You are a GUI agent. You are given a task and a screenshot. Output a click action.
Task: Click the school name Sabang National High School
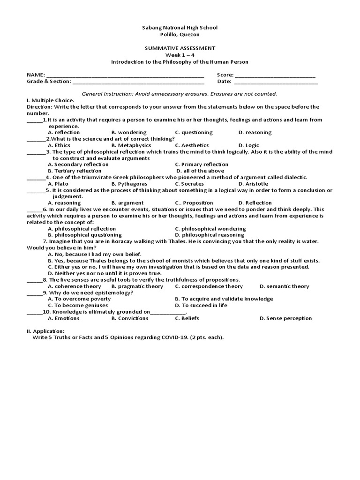[x=180, y=28]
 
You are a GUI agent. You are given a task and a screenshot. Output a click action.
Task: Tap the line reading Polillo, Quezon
[x=180, y=34]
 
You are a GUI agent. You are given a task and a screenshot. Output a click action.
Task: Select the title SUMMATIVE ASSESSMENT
[x=180, y=48]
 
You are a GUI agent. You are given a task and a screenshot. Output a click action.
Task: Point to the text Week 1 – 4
[x=180, y=55]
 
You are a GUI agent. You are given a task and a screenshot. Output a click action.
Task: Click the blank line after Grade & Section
[x=138, y=82]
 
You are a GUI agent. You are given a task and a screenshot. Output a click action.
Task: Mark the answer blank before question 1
[x=34, y=120]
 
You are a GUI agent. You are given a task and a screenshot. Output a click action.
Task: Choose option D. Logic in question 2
[x=248, y=145]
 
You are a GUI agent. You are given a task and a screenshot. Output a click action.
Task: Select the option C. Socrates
[x=189, y=184]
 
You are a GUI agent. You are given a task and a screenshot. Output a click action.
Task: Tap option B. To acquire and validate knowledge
[x=224, y=299]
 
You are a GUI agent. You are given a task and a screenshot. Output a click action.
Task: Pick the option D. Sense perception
[x=285, y=318]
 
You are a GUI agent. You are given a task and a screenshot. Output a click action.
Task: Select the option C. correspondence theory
[x=209, y=286]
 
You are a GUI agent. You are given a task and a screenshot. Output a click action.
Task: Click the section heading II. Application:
[x=45, y=331]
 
